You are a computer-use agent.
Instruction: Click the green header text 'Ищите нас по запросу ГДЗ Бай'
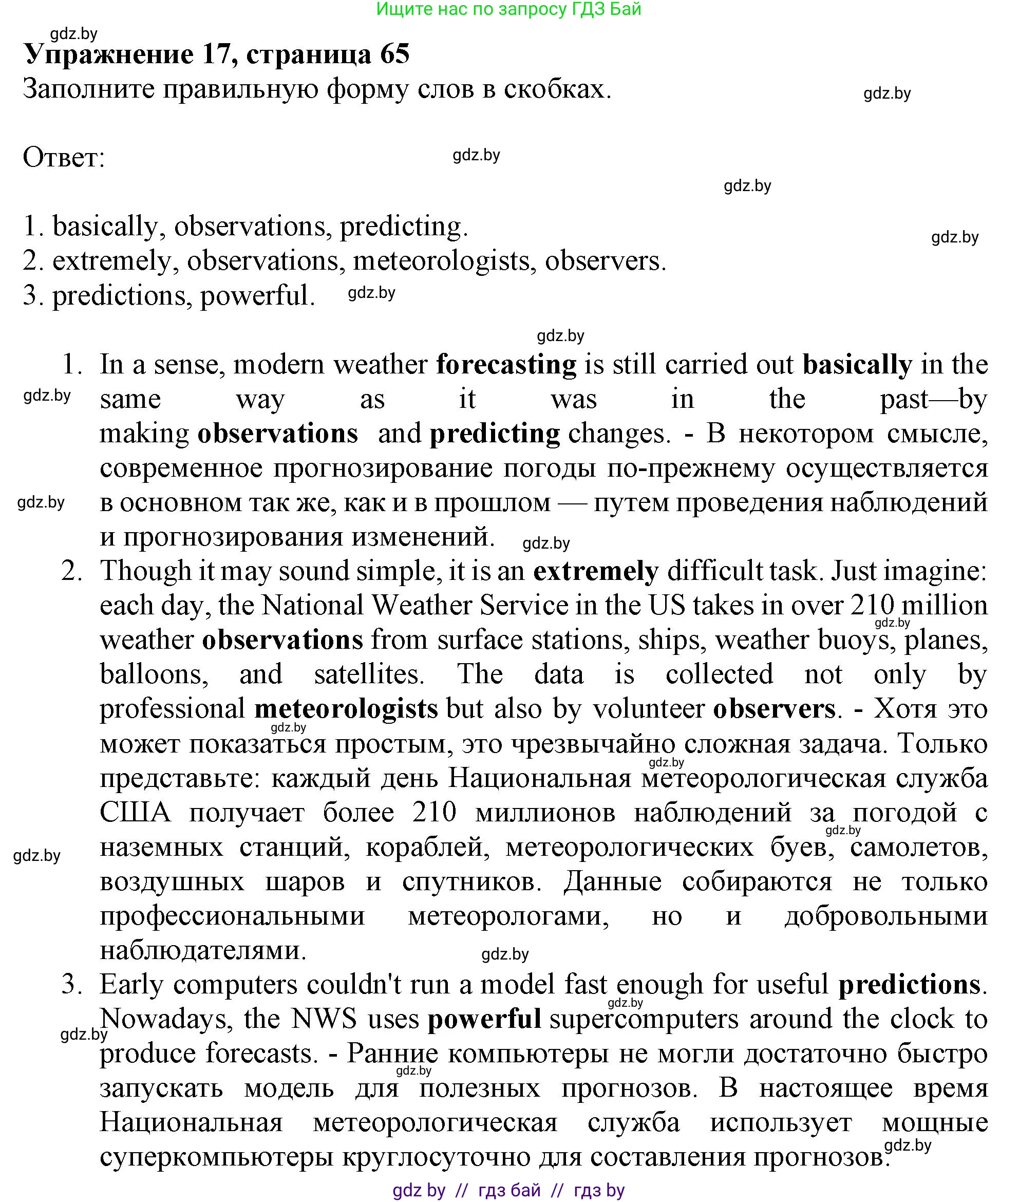coord(508,9)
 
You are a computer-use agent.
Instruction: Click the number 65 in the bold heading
coord(394,54)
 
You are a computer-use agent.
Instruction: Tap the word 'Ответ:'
coord(64,157)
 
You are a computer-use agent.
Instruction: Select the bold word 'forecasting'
coord(506,365)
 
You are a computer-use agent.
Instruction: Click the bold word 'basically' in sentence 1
coord(857,365)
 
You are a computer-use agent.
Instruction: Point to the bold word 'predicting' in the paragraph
coord(495,434)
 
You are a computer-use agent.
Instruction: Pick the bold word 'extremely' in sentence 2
coord(596,571)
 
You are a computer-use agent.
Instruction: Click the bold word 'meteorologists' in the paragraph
coord(346,709)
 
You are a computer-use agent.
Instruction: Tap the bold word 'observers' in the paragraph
coord(774,709)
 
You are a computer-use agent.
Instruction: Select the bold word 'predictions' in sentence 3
coord(909,984)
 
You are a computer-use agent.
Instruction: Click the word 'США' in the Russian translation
coord(135,813)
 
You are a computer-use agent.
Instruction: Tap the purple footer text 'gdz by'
coord(419,1191)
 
